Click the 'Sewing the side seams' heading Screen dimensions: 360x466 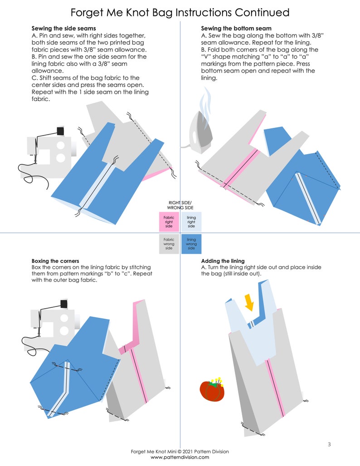pyautogui.click(x=63, y=29)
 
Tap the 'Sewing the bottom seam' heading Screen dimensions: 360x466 pyautogui.click(x=236, y=29)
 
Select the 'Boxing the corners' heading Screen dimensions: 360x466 pyautogui.click(x=55, y=261)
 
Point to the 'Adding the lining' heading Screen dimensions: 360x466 pyautogui.click(x=223, y=261)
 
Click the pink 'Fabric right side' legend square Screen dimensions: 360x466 pyautogui.click(x=169, y=222)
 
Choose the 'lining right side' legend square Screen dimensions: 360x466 pyautogui.click(x=191, y=222)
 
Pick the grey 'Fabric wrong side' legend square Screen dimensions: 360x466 pyautogui.click(x=169, y=244)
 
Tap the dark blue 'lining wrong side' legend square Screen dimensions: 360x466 pyautogui.click(x=191, y=244)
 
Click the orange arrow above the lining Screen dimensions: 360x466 pyautogui.click(x=249, y=302)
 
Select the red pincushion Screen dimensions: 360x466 pyautogui.click(x=212, y=390)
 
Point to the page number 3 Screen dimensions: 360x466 pyautogui.click(x=329, y=444)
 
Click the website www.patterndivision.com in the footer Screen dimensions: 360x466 pyautogui.click(x=180, y=457)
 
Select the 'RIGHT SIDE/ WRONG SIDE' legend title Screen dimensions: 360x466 pyautogui.click(x=180, y=205)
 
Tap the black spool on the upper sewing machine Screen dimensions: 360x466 pyautogui.click(x=61, y=131)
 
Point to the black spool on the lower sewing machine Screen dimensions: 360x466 pyautogui.click(x=64, y=304)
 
